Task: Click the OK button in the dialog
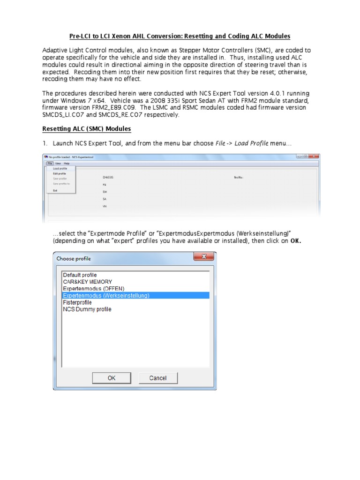(112, 378)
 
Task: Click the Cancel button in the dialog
(158, 378)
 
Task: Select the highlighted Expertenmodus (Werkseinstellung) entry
(106, 296)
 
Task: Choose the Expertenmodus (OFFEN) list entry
(94, 289)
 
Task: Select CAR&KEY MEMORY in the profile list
(88, 282)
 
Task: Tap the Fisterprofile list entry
(77, 303)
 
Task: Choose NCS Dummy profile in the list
(87, 309)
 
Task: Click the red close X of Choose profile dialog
(204, 257)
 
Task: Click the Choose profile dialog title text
(74, 258)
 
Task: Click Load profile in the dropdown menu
(60, 168)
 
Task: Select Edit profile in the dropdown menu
(59, 173)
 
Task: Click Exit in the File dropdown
(55, 190)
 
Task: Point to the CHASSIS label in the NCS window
(108, 177)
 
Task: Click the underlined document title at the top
(180, 36)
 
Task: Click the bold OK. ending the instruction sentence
(296, 241)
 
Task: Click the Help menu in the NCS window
(67, 163)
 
